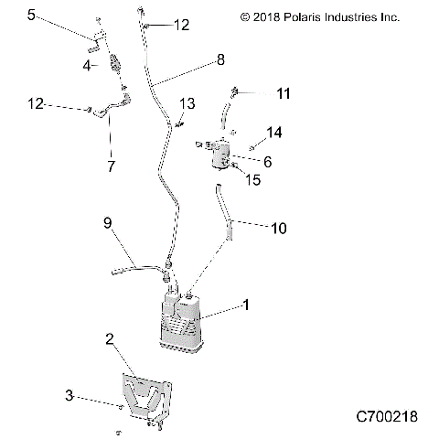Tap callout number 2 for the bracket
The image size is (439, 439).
[109, 340]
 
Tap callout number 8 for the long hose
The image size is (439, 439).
[219, 61]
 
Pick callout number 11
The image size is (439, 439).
[284, 93]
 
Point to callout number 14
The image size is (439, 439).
[273, 133]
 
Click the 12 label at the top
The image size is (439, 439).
[181, 26]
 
